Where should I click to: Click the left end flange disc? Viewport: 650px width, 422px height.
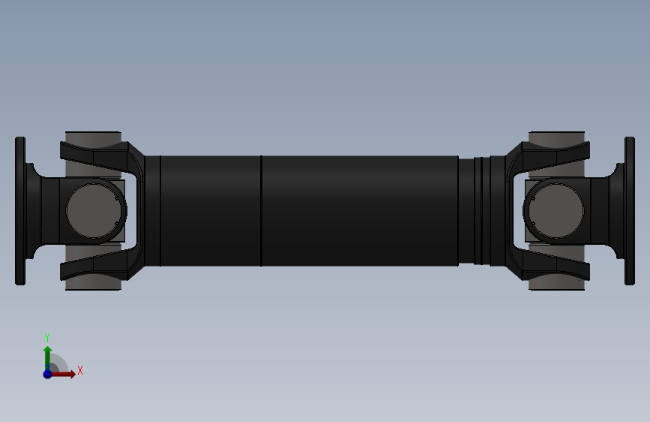click(x=20, y=211)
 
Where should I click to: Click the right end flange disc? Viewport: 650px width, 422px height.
click(x=630, y=211)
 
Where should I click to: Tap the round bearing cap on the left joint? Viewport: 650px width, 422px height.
click(x=95, y=211)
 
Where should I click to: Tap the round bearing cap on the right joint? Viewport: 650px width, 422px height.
click(x=555, y=211)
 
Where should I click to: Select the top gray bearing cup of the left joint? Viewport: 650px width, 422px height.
click(x=93, y=138)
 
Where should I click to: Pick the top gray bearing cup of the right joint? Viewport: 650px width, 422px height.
click(x=557, y=138)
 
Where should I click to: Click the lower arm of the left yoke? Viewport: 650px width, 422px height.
click(x=100, y=265)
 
